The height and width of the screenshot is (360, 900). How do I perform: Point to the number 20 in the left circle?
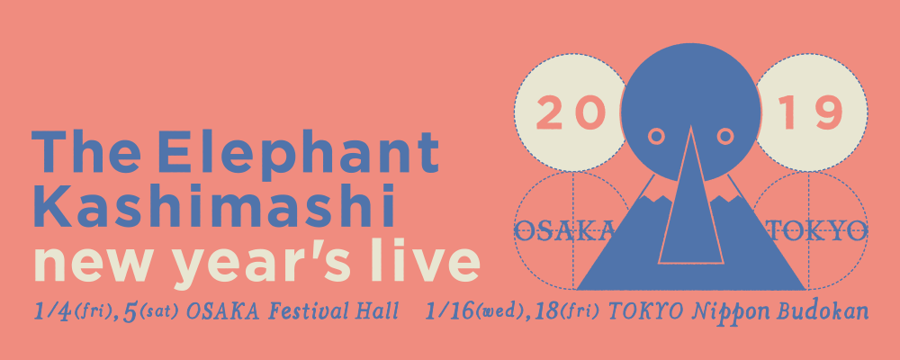point(571,113)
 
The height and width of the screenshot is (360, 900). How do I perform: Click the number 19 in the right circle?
point(810,113)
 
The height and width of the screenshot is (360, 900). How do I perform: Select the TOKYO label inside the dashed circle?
point(817,231)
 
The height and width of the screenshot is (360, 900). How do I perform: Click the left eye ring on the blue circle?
point(656,136)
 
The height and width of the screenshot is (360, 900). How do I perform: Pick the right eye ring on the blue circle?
point(725,136)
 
